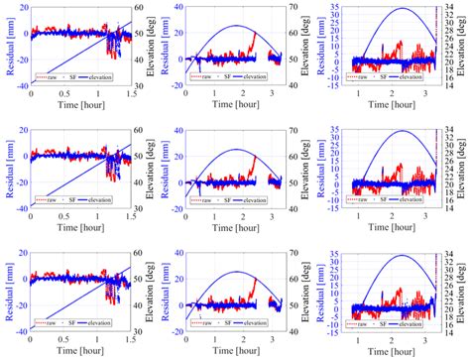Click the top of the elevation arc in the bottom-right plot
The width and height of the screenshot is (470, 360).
(401, 255)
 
